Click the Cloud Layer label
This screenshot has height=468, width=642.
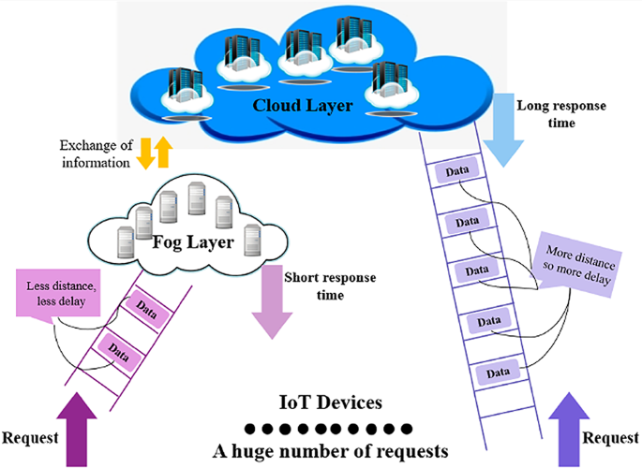(303, 106)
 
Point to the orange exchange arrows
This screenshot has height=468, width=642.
(154, 153)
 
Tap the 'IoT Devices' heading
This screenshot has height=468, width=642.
(328, 404)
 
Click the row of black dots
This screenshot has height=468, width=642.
(328, 429)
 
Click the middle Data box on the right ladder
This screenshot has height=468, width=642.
(474, 271)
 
